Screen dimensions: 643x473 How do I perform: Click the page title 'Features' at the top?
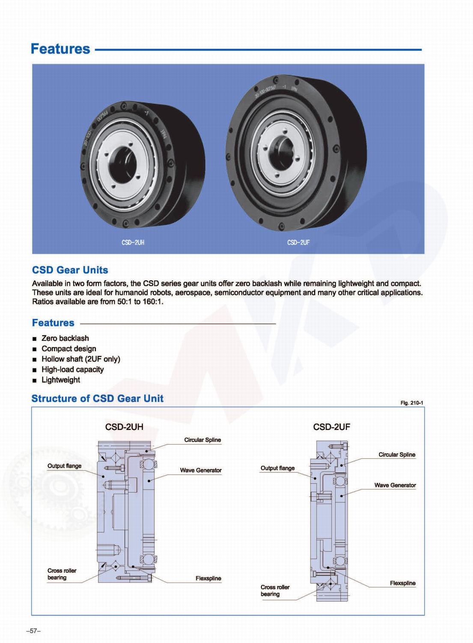[x=60, y=49]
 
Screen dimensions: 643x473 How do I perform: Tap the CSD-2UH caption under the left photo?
[x=133, y=243]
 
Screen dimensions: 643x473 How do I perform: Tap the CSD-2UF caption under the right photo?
[x=298, y=243]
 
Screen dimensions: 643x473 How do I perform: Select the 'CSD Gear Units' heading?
[x=70, y=270]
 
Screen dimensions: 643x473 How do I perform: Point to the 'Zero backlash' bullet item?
[x=65, y=338]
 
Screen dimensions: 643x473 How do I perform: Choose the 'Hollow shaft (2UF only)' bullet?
[x=80, y=359]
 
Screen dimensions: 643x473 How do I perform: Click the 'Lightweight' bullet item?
[x=61, y=380]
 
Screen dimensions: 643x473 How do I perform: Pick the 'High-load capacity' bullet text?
[x=72, y=370]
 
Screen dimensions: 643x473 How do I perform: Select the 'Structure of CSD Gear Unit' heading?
[x=97, y=399]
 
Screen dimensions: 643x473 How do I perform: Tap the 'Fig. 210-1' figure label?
[x=412, y=403]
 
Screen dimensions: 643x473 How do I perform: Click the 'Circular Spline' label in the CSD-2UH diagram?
[x=202, y=440]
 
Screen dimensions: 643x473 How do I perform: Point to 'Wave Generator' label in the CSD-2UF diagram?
[x=395, y=485]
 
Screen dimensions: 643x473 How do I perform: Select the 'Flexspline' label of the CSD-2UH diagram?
[x=208, y=578]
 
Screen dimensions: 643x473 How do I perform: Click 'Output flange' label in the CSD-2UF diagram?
[x=277, y=468]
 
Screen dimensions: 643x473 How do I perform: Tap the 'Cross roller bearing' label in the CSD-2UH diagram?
[x=62, y=574]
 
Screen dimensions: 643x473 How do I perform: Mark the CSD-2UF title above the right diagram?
[x=331, y=427]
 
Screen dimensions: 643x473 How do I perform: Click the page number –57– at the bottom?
[x=33, y=631]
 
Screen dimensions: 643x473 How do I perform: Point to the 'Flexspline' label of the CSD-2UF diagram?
[x=402, y=583]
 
